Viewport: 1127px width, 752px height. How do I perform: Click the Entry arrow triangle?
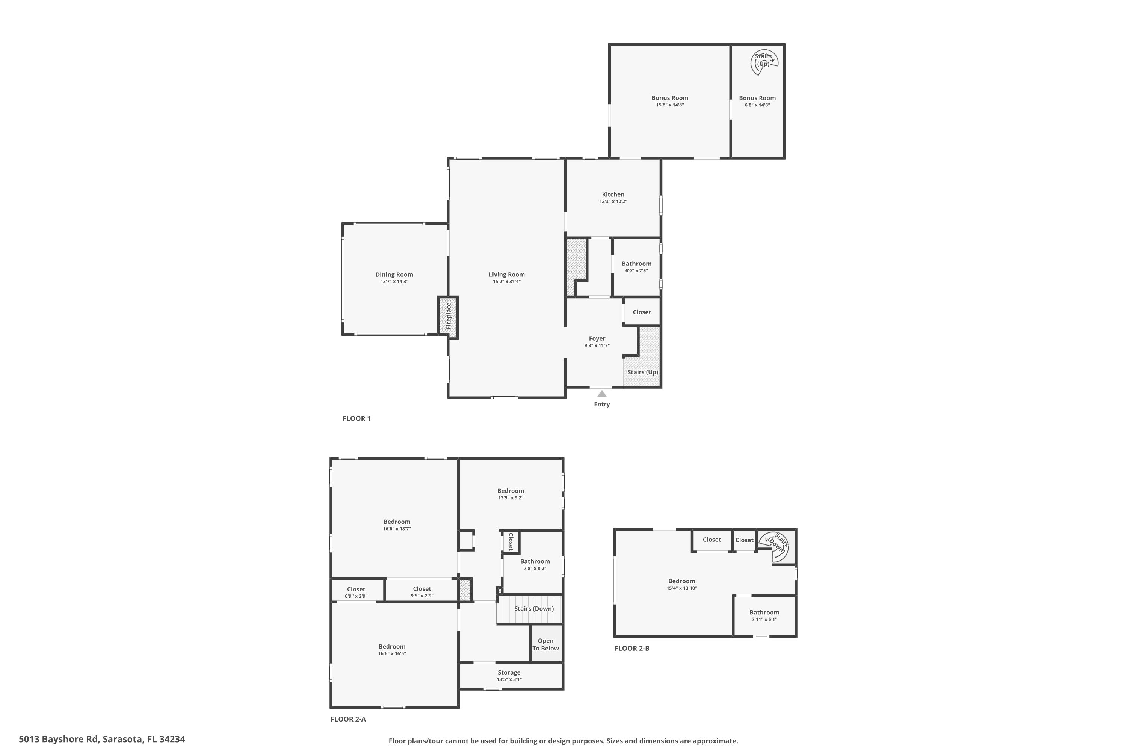pyautogui.click(x=602, y=394)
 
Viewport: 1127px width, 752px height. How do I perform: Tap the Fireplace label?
pyautogui.click(x=449, y=315)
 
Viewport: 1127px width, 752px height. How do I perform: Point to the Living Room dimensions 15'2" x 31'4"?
pyautogui.click(x=506, y=282)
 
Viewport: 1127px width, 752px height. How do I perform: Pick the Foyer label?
pyautogui.click(x=597, y=338)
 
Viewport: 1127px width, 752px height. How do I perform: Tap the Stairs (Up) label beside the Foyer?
pyautogui.click(x=642, y=372)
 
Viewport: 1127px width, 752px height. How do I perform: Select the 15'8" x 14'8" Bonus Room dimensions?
pyautogui.click(x=670, y=105)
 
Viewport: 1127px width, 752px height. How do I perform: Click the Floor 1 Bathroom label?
pyautogui.click(x=636, y=263)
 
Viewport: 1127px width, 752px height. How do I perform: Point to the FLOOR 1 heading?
pyautogui.click(x=357, y=418)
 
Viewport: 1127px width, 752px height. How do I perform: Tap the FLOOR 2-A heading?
pyautogui.click(x=348, y=719)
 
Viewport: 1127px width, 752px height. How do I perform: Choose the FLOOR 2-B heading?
pyautogui.click(x=631, y=648)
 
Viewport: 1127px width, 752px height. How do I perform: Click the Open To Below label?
pyautogui.click(x=545, y=644)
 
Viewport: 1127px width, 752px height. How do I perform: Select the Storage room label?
pyautogui.click(x=509, y=672)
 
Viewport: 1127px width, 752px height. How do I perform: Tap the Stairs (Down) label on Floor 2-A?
pyautogui.click(x=534, y=609)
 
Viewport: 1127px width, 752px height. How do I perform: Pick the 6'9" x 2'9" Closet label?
pyautogui.click(x=356, y=593)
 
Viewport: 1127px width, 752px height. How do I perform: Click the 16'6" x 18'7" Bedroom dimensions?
pyautogui.click(x=397, y=529)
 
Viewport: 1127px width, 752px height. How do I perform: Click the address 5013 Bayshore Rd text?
pyautogui.click(x=101, y=739)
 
